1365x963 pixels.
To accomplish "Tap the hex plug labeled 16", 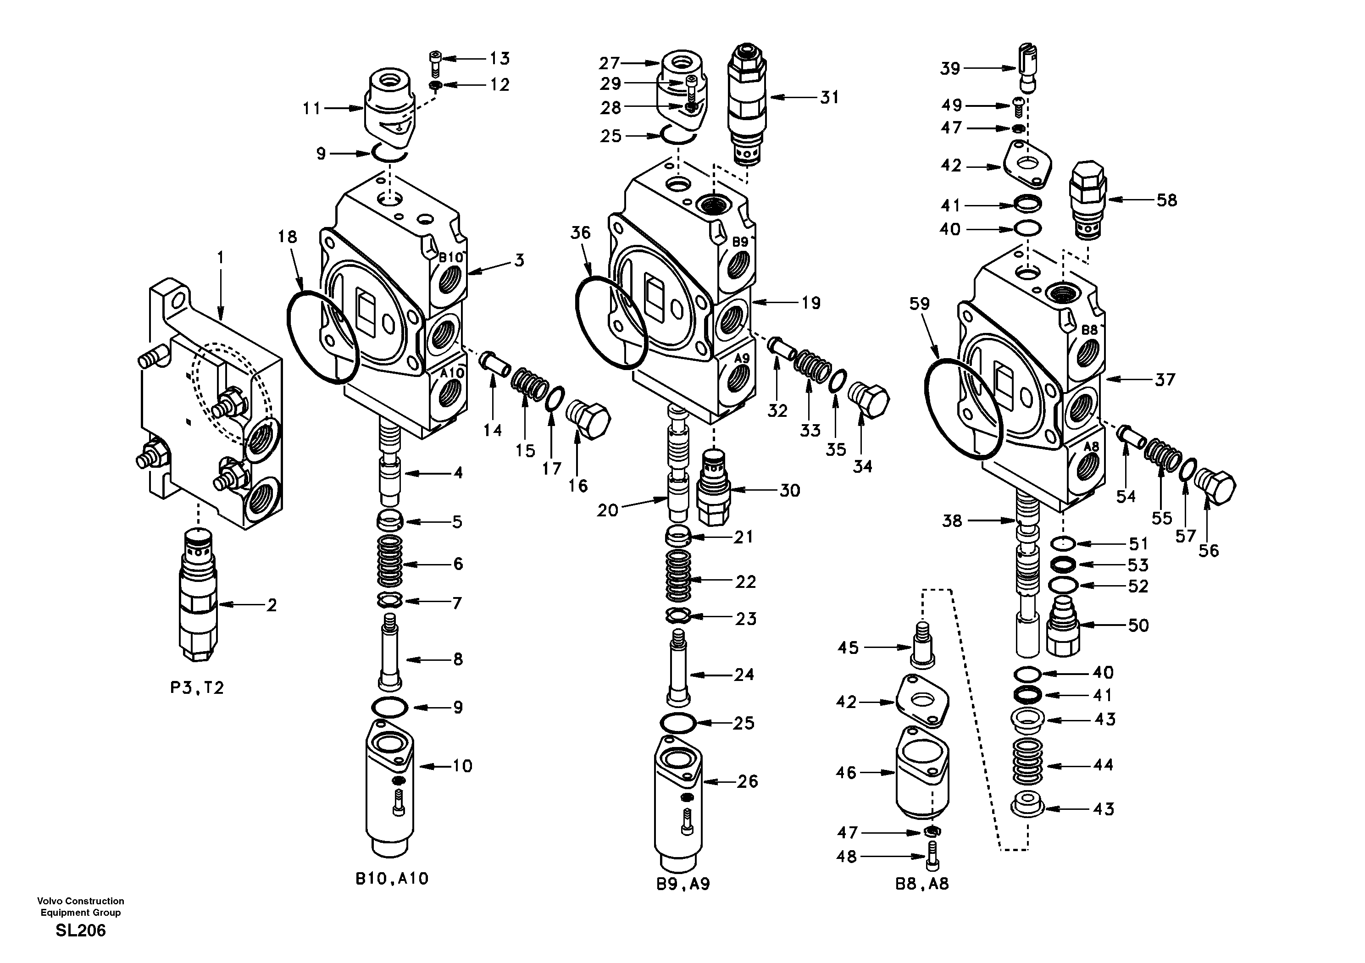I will tap(588, 420).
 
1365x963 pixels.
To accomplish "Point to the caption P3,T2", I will tap(197, 688).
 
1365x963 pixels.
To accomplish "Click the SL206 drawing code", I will tap(80, 931).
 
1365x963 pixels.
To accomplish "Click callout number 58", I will tap(1166, 200).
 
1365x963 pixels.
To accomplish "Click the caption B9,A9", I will tap(683, 885).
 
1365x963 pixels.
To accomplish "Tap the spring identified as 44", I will tap(1028, 763).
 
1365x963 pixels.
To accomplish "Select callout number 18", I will tap(287, 237).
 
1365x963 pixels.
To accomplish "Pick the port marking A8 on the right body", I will tap(1090, 447).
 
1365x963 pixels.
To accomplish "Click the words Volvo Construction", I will tap(80, 901).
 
